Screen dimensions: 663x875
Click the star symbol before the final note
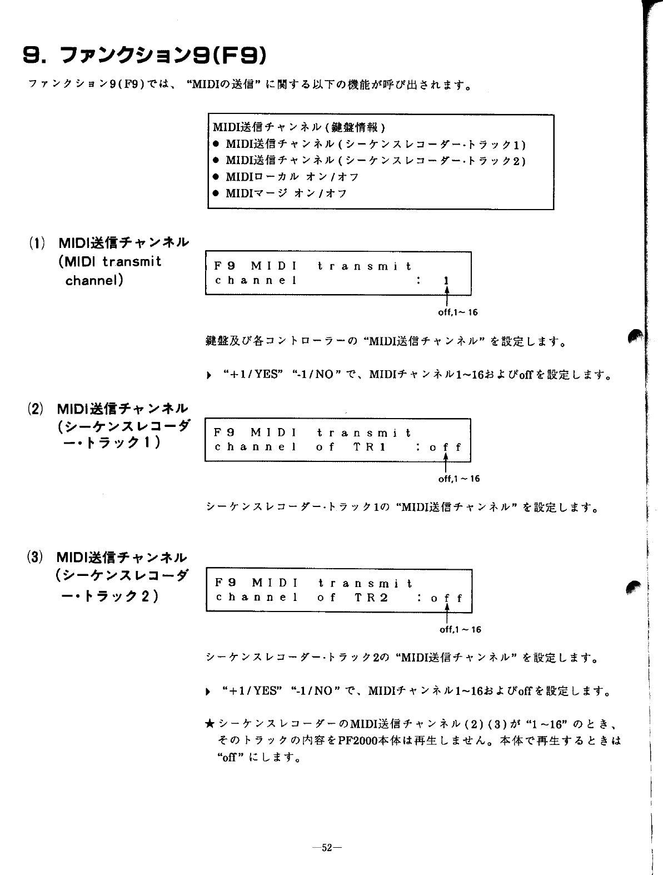point(210,723)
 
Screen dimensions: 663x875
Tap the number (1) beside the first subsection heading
point(37,243)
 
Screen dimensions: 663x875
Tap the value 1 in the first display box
point(445,281)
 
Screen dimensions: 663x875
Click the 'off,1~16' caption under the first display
point(458,312)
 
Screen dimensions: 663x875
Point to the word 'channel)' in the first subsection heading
point(94,280)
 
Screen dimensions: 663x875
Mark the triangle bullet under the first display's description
point(208,375)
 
